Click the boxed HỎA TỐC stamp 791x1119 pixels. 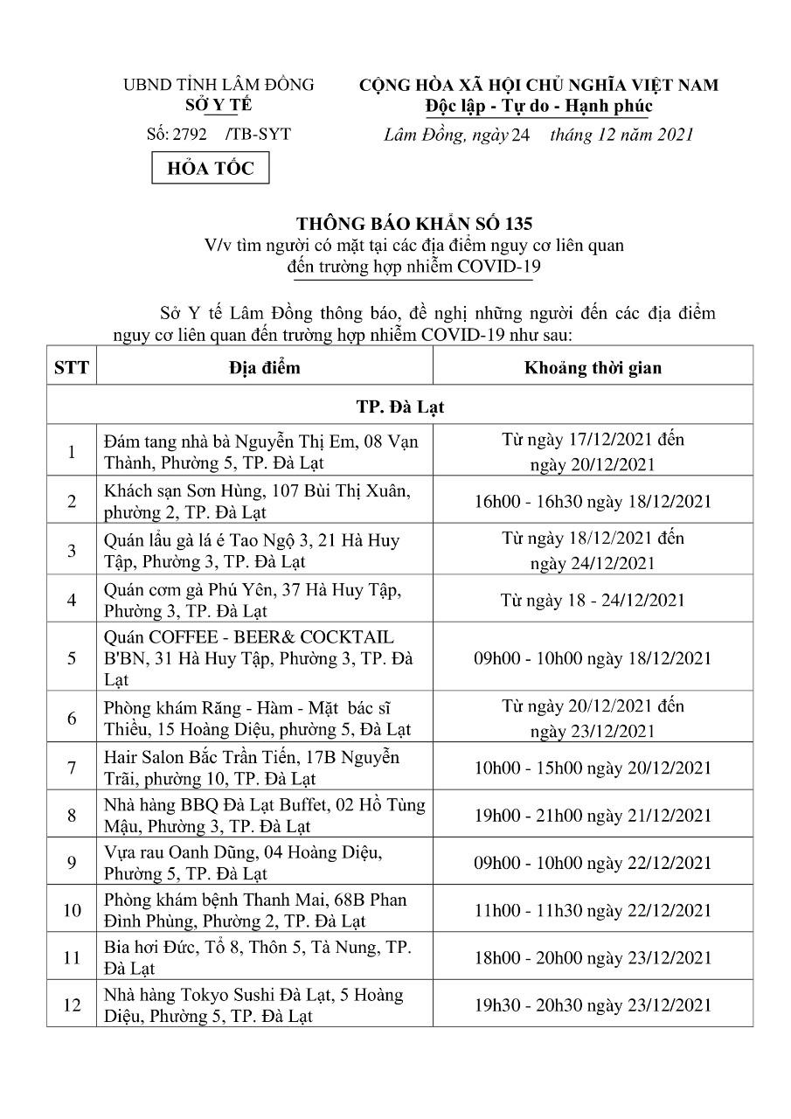tap(211, 168)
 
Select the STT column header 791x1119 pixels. tap(71, 367)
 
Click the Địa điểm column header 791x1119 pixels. tap(264, 367)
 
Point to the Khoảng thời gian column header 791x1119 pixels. tap(593, 367)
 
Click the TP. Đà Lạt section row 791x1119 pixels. tap(399, 407)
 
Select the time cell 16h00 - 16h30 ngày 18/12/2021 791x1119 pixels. tap(593, 501)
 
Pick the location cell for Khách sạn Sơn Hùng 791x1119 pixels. tap(264, 501)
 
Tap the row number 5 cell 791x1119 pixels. tap(71, 657)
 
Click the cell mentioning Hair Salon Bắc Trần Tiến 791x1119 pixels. tap(264, 767)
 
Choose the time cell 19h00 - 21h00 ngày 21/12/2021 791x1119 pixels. tap(593, 815)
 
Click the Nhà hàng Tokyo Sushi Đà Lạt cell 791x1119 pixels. tap(264, 1004)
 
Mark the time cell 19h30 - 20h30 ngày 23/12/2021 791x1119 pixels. tap(593, 1004)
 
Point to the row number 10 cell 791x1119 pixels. tap(71, 910)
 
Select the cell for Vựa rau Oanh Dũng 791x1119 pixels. tap(264, 862)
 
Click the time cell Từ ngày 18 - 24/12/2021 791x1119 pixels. tap(593, 600)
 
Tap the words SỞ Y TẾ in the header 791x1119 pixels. tap(218, 105)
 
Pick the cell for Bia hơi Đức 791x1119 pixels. tap(264, 957)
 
